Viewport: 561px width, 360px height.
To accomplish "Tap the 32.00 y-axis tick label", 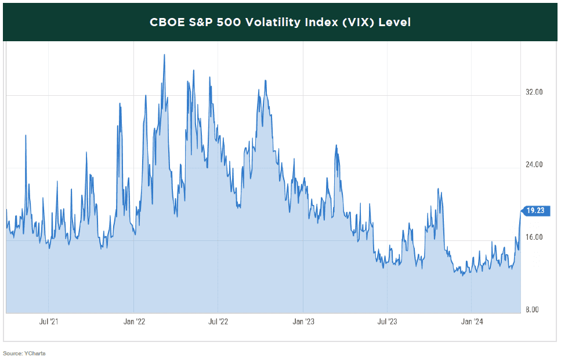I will pyautogui.click(x=533, y=92).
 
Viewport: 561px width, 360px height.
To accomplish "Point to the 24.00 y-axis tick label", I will pyautogui.click(x=533, y=165).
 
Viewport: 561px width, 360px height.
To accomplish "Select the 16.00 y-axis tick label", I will pyautogui.click(x=533, y=237).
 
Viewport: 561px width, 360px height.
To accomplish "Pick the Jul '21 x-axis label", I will pyautogui.click(x=49, y=321).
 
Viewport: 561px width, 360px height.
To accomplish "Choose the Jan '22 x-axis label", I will pyautogui.click(x=135, y=321).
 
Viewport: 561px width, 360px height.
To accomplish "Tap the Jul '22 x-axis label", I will pyautogui.click(x=218, y=321).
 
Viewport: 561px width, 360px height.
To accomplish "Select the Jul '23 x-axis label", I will pyautogui.click(x=386, y=321).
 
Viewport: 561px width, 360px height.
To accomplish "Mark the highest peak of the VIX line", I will pyautogui.click(x=164, y=55).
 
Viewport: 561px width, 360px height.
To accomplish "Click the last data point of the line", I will pyautogui.click(x=520, y=211).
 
